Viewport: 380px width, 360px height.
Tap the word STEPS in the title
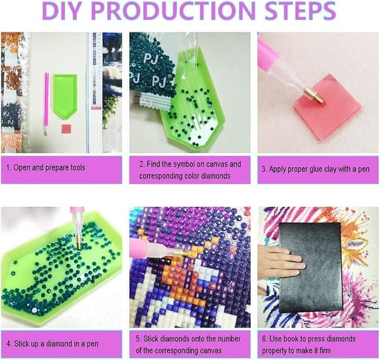[x=300, y=11]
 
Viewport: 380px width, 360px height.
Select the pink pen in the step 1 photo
[x=46, y=104]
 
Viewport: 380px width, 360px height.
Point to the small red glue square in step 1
[x=66, y=129]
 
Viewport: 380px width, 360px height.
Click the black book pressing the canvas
[x=311, y=267]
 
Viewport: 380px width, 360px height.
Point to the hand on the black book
[x=281, y=261]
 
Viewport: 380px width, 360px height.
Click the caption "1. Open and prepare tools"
[x=46, y=168]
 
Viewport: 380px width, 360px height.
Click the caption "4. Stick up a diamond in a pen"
[x=53, y=344]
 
